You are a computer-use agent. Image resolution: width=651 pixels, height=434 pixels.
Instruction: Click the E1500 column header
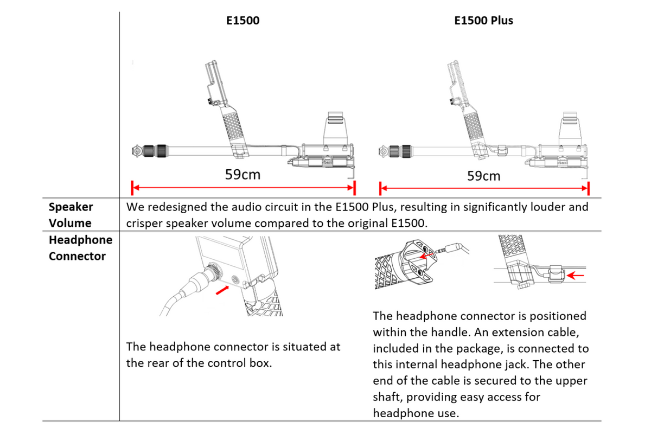pyautogui.click(x=242, y=21)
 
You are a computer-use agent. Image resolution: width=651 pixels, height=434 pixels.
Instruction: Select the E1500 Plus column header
pyautogui.click(x=483, y=21)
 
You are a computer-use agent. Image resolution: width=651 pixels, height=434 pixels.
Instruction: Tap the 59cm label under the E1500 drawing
pyautogui.click(x=242, y=174)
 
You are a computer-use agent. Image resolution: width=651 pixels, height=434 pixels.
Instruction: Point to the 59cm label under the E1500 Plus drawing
pyautogui.click(x=483, y=176)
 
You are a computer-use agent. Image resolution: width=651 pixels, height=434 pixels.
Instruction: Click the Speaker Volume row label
pyautogui.click(x=71, y=214)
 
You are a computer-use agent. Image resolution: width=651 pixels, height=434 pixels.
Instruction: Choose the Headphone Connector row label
pyautogui.click(x=80, y=248)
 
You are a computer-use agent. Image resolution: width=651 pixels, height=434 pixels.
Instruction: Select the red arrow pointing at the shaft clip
pyautogui.click(x=576, y=275)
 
